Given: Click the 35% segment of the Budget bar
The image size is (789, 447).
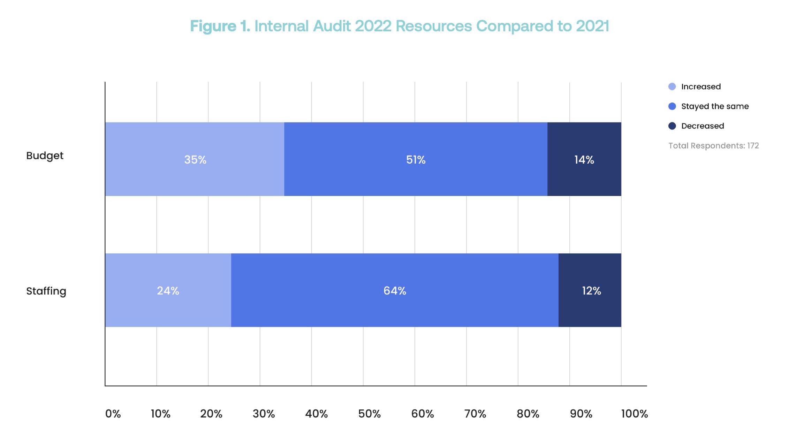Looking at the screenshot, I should (195, 159).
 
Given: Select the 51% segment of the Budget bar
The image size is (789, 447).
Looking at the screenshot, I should (416, 159).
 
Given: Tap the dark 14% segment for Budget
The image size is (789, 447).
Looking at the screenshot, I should (584, 159).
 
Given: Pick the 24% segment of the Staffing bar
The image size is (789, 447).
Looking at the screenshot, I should (168, 290).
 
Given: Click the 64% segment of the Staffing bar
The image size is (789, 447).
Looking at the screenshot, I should (395, 290).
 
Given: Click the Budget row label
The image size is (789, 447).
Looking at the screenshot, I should (45, 156).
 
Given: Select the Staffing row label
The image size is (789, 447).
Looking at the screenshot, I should (46, 291).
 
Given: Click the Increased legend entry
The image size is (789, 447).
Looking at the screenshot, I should (700, 87).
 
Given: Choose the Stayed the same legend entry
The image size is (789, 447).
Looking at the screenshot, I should (714, 106).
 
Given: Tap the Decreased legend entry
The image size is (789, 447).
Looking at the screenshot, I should (702, 126).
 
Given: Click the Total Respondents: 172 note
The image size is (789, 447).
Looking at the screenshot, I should (713, 146).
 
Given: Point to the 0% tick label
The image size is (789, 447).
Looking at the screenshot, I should (113, 414).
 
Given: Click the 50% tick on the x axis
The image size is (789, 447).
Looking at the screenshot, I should (369, 414).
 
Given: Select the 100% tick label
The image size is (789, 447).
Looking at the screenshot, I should (634, 414).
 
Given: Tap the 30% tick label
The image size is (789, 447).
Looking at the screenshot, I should (264, 414).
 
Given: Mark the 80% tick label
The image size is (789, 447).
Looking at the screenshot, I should (528, 414).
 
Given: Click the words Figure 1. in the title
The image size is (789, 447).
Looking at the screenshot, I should (220, 26).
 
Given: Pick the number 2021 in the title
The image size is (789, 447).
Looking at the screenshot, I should (592, 26).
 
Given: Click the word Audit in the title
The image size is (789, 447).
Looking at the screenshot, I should (332, 26).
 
